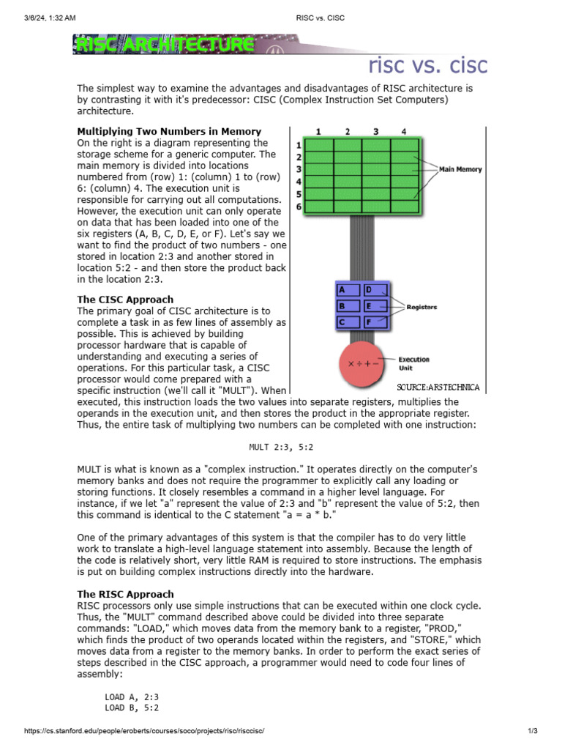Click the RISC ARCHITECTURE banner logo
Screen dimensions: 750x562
pyautogui.click(x=163, y=45)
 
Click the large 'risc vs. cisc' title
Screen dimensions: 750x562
pyautogui.click(x=427, y=66)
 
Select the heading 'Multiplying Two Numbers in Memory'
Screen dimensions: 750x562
pyautogui.click(x=169, y=131)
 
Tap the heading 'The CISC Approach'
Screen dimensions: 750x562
pyautogui.click(x=125, y=300)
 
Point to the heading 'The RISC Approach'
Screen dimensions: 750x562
pyautogui.click(x=125, y=594)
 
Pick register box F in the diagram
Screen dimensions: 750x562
pyautogui.click(x=376, y=322)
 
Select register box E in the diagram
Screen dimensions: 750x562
pyautogui.click(x=376, y=306)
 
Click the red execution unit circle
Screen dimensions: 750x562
pyautogui.click(x=364, y=363)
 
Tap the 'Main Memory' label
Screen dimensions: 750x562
pyautogui.click(x=460, y=169)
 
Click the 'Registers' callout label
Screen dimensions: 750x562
pyautogui.click(x=421, y=307)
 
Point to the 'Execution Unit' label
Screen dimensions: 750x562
pyautogui.click(x=413, y=363)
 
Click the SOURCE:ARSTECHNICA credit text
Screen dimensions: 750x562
pyautogui.click(x=438, y=387)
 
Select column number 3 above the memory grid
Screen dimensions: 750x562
pyautogui.click(x=375, y=132)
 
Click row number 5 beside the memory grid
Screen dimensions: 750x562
pyautogui.click(x=299, y=194)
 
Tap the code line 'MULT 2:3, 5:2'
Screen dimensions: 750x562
pyautogui.click(x=281, y=446)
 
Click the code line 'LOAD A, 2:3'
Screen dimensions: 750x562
pyautogui.click(x=132, y=697)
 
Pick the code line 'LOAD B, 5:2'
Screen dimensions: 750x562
pyautogui.click(x=132, y=708)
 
